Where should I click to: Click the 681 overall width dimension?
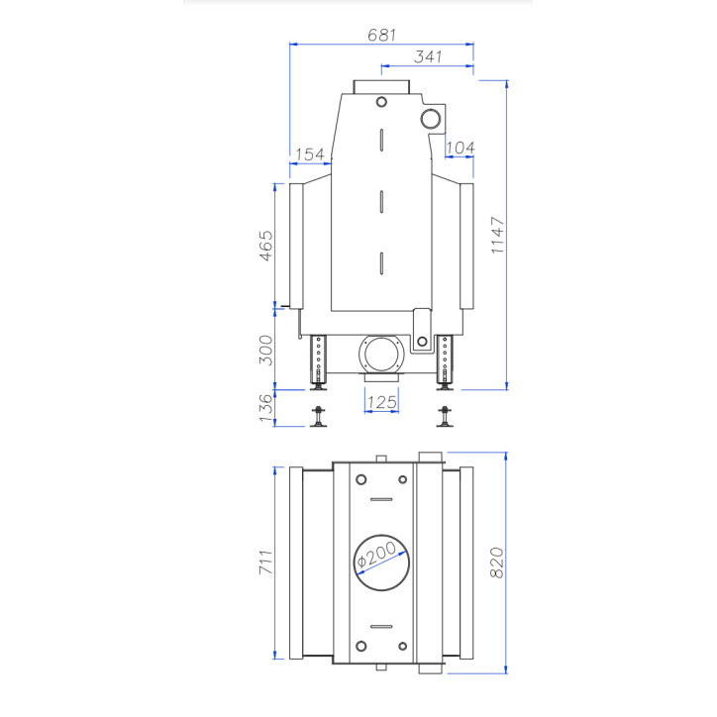tap(381, 35)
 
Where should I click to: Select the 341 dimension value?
tap(428, 57)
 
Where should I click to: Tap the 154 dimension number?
tap(310, 154)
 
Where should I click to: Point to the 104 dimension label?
tap(460, 148)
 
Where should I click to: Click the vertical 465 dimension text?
tap(266, 246)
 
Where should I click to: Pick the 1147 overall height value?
tap(497, 236)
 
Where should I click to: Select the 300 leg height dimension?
tap(266, 350)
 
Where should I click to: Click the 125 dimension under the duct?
tap(381, 402)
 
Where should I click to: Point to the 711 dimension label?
tap(266, 562)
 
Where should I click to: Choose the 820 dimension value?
tap(497, 562)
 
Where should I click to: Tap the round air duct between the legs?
tap(381, 353)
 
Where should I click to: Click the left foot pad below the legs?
tap(318, 419)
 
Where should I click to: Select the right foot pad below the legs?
tap(445, 419)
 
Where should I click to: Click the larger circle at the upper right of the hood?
tap(432, 119)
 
